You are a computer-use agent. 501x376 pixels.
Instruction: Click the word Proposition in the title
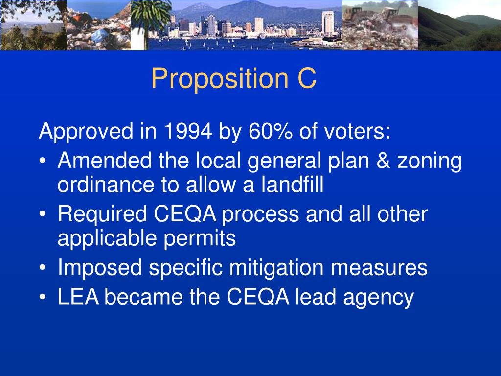point(215,78)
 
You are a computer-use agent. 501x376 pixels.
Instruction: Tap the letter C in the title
point(306,78)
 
